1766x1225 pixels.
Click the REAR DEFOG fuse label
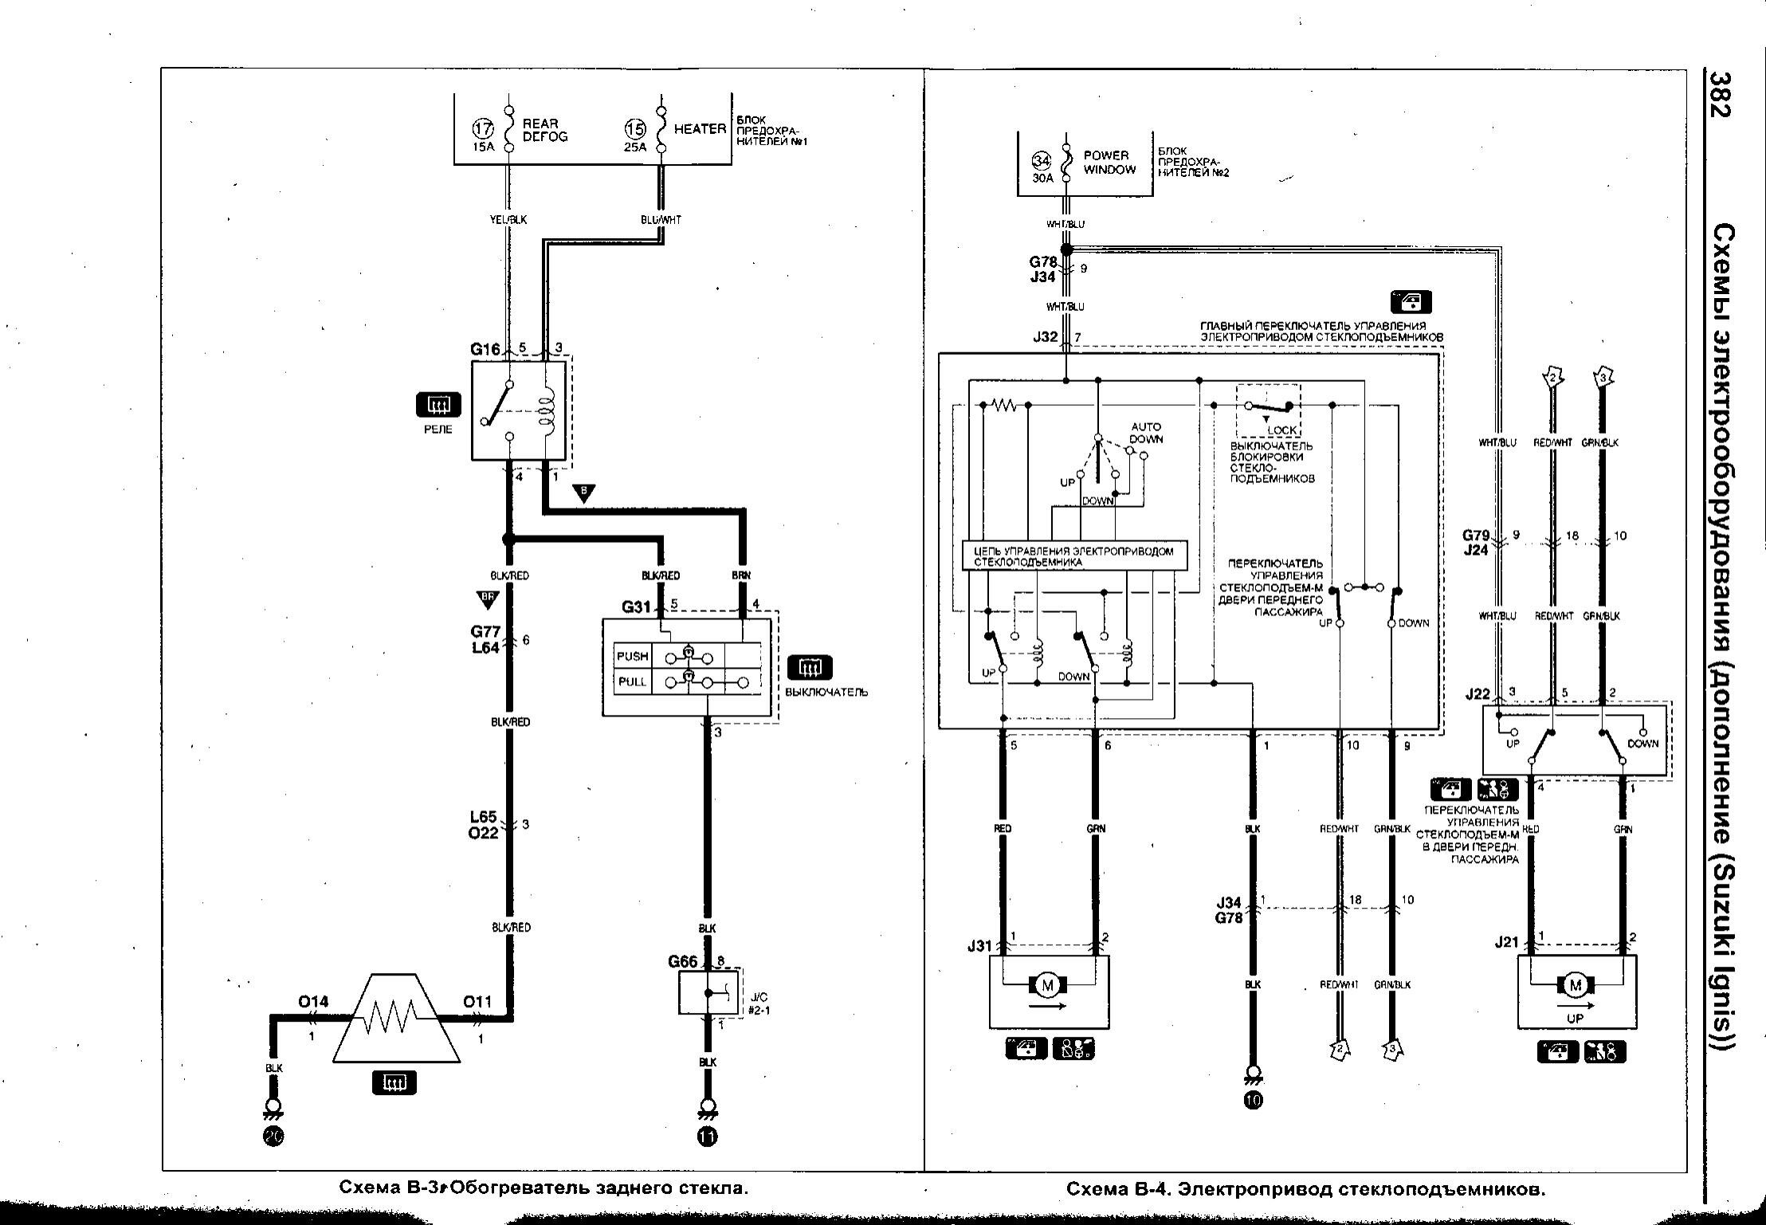pyautogui.click(x=545, y=130)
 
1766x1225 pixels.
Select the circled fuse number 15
pyautogui.click(x=635, y=129)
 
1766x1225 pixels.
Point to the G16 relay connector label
pyautogui.click(x=485, y=349)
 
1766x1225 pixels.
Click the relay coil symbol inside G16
pyautogui.click(x=547, y=411)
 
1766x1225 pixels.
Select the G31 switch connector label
pyautogui.click(x=637, y=607)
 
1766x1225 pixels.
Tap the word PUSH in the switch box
pyautogui.click(x=632, y=657)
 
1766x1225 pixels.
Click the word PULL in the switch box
pyautogui.click(x=631, y=682)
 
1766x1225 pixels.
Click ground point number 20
pyautogui.click(x=273, y=1137)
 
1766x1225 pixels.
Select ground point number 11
pyautogui.click(x=707, y=1137)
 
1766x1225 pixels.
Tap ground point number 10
pyautogui.click(x=1252, y=1101)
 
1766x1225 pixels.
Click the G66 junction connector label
pyautogui.click(x=683, y=961)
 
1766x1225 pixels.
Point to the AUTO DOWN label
pyautogui.click(x=1146, y=433)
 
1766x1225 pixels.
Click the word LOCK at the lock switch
pyautogui.click(x=1282, y=430)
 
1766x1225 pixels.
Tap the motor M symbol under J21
pyautogui.click(x=1575, y=986)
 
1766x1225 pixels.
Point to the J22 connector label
pyautogui.click(x=1478, y=693)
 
